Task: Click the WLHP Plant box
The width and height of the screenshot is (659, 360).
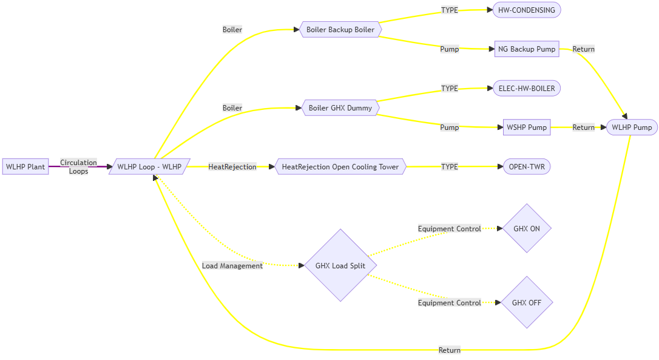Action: point(25,166)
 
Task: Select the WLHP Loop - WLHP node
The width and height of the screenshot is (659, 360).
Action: point(149,166)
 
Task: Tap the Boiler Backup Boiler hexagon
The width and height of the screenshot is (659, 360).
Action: point(340,30)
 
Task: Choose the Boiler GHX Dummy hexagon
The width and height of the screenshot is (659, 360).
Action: point(340,108)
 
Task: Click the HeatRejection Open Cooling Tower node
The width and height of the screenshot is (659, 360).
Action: point(340,166)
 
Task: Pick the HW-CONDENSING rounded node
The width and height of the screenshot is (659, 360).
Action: point(527,10)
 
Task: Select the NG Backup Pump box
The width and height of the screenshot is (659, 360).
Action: point(527,49)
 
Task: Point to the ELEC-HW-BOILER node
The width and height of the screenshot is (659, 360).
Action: point(527,88)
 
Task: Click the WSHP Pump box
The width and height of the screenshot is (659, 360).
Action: point(527,127)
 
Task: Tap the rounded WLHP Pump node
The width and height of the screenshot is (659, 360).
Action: point(632,127)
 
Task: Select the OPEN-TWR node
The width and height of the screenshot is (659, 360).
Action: point(527,166)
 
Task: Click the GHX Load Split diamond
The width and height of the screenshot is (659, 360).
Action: point(340,265)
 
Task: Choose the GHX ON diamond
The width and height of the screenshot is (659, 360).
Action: point(527,229)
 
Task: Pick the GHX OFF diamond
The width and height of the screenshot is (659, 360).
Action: point(527,302)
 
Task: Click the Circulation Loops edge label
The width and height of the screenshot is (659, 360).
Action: point(78,166)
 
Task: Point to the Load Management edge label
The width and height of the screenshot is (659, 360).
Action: point(232,266)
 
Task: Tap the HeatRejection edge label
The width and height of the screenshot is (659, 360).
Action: point(232,166)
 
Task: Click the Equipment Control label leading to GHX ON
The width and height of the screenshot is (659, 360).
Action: point(449,229)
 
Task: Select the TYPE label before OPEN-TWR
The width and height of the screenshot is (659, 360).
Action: point(450,166)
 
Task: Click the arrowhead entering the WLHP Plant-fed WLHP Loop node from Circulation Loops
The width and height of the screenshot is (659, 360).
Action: point(109,166)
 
